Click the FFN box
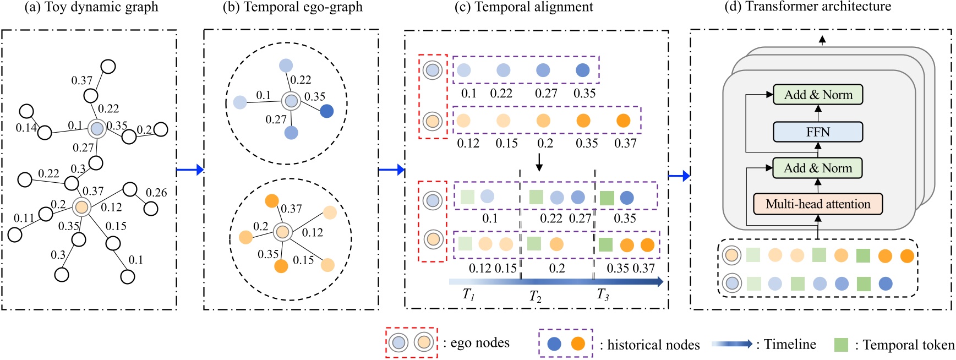click(817, 132)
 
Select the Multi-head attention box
click(817, 204)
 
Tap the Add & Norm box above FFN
click(817, 95)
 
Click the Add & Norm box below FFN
click(817, 168)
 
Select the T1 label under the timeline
click(468, 294)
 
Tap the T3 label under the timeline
click(603, 295)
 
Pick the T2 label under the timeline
click(535, 297)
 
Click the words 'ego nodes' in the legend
click(479, 343)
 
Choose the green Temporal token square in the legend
click(841, 345)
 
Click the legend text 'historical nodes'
click(649, 345)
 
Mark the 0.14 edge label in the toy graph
click(26, 128)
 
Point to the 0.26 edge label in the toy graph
click(156, 192)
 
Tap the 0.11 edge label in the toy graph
click(24, 218)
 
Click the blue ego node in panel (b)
click(291, 101)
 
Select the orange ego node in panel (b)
click(282, 232)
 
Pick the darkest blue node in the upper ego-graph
click(326, 111)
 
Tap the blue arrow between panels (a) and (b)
click(190, 170)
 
